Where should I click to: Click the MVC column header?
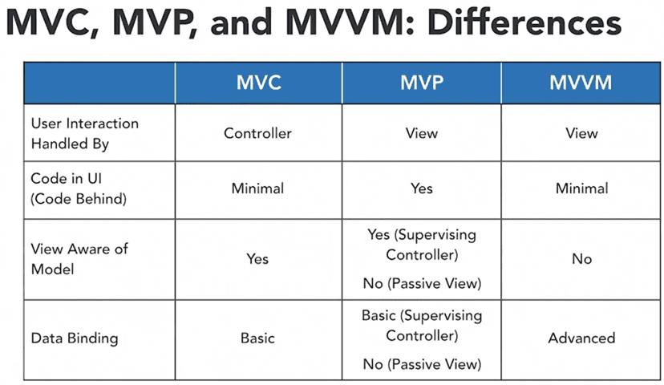[x=259, y=82]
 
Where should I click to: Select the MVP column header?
[x=422, y=82]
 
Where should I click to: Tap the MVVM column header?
[x=581, y=82]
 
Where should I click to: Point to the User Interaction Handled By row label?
[x=85, y=133]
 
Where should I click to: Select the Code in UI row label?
[x=79, y=188]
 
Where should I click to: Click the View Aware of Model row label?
[x=79, y=259]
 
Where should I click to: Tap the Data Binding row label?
[x=75, y=338]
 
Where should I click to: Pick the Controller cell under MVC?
[x=257, y=133]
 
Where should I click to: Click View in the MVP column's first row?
[x=421, y=133]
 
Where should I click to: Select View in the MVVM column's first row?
[x=581, y=133]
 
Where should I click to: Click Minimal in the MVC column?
[x=257, y=188]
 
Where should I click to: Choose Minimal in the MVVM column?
[x=581, y=188]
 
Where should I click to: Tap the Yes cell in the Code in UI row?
[x=421, y=188]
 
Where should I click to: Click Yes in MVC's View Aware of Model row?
[x=257, y=259]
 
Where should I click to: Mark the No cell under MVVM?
[x=581, y=259]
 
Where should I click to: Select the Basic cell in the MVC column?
[x=257, y=338]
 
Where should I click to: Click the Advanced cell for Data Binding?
[x=581, y=338]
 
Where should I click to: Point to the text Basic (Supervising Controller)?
[x=422, y=326]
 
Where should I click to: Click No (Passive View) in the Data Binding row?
[x=422, y=364]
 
